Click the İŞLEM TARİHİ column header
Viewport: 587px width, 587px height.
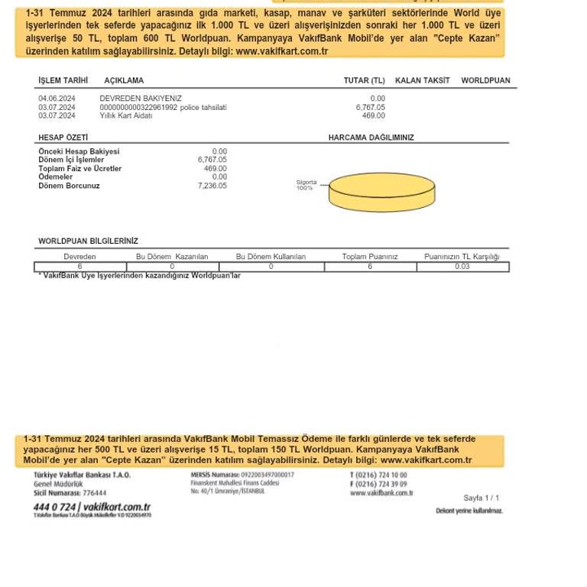(63, 80)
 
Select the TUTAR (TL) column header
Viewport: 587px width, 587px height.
(364, 80)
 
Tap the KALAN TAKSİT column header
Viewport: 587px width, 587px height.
(422, 80)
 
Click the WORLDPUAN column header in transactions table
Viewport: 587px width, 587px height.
(485, 80)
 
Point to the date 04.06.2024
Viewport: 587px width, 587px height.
(57, 99)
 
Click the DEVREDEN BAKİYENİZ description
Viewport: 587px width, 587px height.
(141, 99)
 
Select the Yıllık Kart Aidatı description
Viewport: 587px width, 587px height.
(126, 115)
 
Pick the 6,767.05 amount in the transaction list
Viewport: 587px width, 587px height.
(371, 107)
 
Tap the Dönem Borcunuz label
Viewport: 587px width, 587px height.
(69, 186)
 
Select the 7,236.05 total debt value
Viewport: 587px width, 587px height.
(212, 186)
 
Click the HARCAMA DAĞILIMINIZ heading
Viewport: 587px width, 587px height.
(371, 138)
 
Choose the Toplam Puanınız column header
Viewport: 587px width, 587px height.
(370, 257)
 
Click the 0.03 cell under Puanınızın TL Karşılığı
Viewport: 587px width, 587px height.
(462, 267)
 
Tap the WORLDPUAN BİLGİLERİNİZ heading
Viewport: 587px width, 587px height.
(88, 241)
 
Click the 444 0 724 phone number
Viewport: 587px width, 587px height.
(54, 507)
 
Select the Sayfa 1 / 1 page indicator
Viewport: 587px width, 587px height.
(482, 498)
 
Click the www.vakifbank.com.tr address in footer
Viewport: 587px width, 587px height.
(381, 493)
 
